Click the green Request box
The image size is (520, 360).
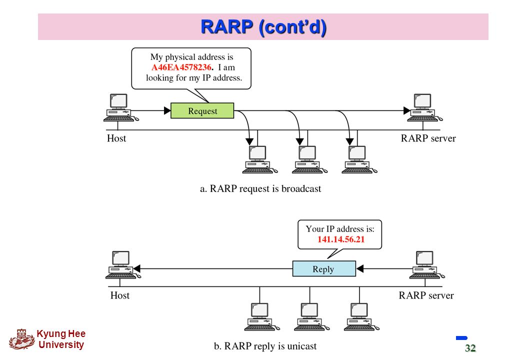pos(202,110)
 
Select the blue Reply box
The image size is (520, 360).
pos(324,268)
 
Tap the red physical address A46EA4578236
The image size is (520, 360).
pos(181,67)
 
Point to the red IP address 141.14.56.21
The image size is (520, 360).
pos(341,239)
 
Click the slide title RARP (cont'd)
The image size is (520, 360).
pos(263,27)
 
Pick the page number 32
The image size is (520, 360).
pos(470,347)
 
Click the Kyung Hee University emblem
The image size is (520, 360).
pos(22,339)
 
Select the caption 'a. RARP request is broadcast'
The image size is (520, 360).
pos(260,188)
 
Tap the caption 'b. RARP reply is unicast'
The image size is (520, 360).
pos(265,346)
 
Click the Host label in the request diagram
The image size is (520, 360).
pos(116,138)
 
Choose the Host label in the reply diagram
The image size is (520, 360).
pos(119,295)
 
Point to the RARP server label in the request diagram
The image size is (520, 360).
pos(428,138)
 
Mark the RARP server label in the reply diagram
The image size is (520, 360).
pos(426,295)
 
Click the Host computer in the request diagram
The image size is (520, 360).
pos(120,107)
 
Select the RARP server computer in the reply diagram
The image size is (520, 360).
pos(427,265)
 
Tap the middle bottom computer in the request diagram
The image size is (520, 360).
pos(309,159)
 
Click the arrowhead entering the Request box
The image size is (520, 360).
pos(167,110)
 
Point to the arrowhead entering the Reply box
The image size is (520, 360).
pos(360,268)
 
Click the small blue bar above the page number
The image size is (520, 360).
pos(461,338)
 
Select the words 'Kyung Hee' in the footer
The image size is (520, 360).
pos(61,334)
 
